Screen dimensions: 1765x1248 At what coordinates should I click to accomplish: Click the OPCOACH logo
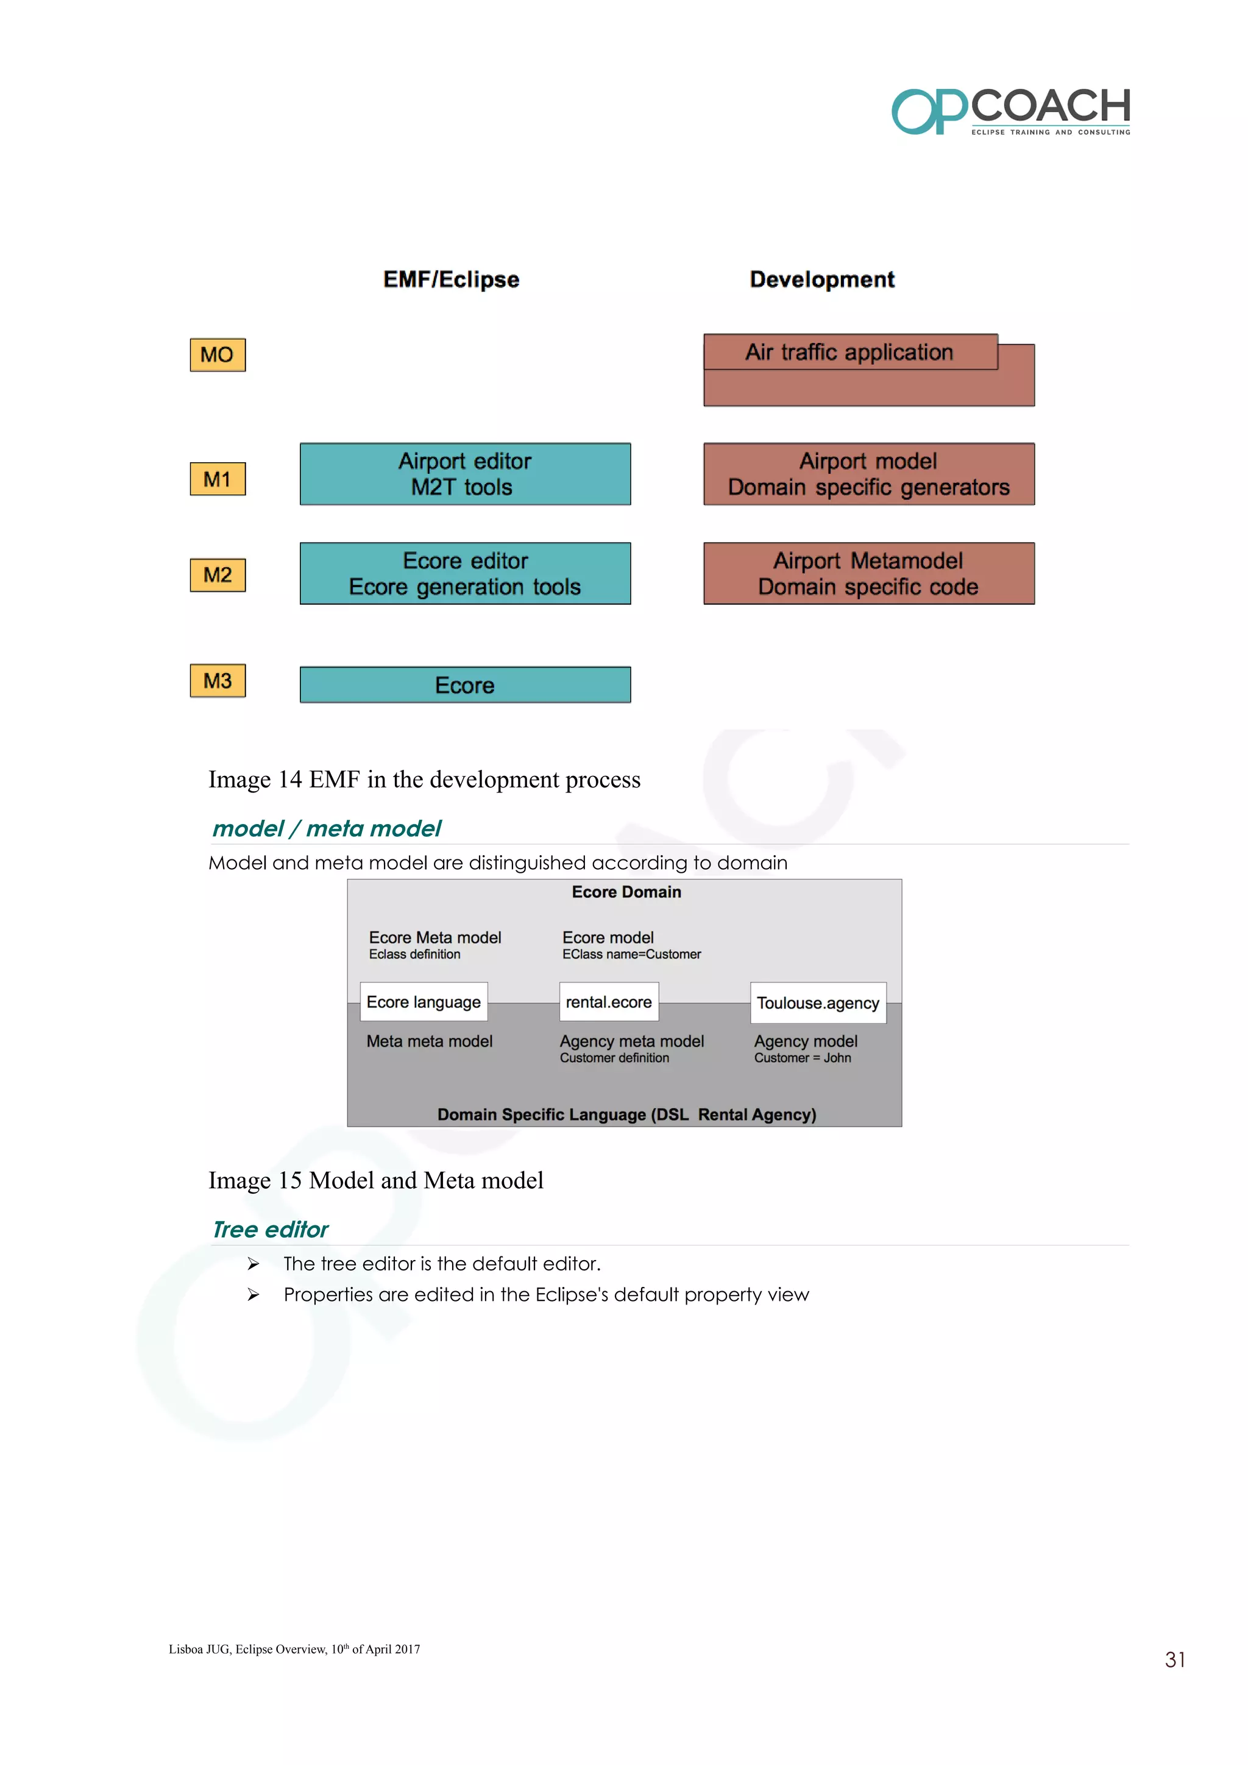[1010, 112]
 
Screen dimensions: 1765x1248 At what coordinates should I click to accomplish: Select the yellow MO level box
[218, 355]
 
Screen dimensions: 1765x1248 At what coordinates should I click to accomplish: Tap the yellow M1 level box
[218, 479]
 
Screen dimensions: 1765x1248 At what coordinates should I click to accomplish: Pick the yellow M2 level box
[218, 575]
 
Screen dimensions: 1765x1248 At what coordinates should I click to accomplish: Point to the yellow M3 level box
[218, 681]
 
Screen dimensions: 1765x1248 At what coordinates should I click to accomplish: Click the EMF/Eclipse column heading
[452, 279]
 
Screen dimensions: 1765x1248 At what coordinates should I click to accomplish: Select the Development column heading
[822, 279]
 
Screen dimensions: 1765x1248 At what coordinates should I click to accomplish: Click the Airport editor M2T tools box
[465, 474]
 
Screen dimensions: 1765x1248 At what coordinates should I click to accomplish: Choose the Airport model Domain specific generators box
[869, 474]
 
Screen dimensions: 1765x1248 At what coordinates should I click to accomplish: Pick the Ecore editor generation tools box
[465, 574]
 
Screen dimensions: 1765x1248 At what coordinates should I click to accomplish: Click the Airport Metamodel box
[869, 574]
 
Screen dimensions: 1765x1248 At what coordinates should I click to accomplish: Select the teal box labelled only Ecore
[465, 685]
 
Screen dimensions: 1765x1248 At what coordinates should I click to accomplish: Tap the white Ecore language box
[424, 1002]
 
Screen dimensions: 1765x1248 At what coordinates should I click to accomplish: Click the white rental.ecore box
[609, 1002]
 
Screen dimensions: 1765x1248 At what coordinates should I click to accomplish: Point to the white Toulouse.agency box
[818, 1003]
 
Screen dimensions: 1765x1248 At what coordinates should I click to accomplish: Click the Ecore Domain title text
[626, 892]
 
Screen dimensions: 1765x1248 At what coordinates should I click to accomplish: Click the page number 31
[1174, 1660]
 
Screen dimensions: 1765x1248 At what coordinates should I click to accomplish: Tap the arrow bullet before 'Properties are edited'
[253, 1295]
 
